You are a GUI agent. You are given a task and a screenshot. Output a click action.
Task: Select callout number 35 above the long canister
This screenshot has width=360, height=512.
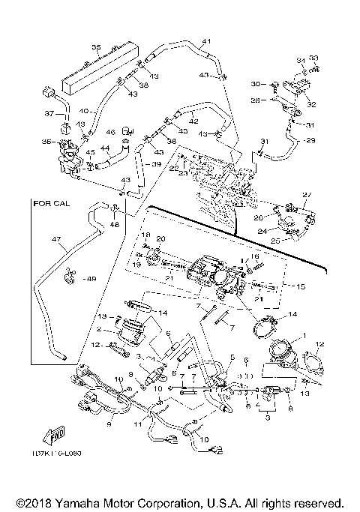[x=96, y=47]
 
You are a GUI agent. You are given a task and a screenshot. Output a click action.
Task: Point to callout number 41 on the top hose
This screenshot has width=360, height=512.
[x=206, y=40]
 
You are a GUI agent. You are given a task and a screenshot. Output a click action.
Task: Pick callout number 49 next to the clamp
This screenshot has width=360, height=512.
[x=92, y=279]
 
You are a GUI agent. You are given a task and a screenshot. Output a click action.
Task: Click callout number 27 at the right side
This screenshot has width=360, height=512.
[x=305, y=195]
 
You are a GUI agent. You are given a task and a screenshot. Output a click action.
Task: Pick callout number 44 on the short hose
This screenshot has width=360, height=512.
[x=105, y=148]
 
